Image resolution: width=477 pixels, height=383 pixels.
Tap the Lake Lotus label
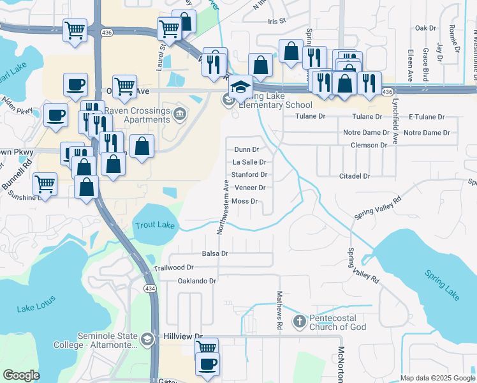pos(36,308)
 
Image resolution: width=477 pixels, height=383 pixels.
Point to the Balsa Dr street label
pos(215,253)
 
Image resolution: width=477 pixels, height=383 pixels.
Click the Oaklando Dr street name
pos(197,280)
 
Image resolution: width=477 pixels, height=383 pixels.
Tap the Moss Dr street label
pos(244,201)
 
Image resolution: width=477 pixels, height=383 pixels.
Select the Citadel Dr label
pos(355,176)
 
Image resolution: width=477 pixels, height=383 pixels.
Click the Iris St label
pos(278,20)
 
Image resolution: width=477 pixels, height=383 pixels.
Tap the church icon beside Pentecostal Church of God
pos(300,322)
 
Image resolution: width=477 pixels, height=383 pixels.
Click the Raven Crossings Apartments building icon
pos(180,115)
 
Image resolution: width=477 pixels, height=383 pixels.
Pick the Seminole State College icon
pos(148,338)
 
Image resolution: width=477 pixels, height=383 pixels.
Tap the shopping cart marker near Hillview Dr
pos(206,349)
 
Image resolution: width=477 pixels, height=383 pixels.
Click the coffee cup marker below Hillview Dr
pos(207,364)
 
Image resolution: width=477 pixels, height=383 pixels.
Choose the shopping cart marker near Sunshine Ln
pos(45,184)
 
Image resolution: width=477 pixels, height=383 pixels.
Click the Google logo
pos(22,375)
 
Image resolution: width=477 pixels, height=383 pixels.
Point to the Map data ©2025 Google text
pos(437,378)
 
